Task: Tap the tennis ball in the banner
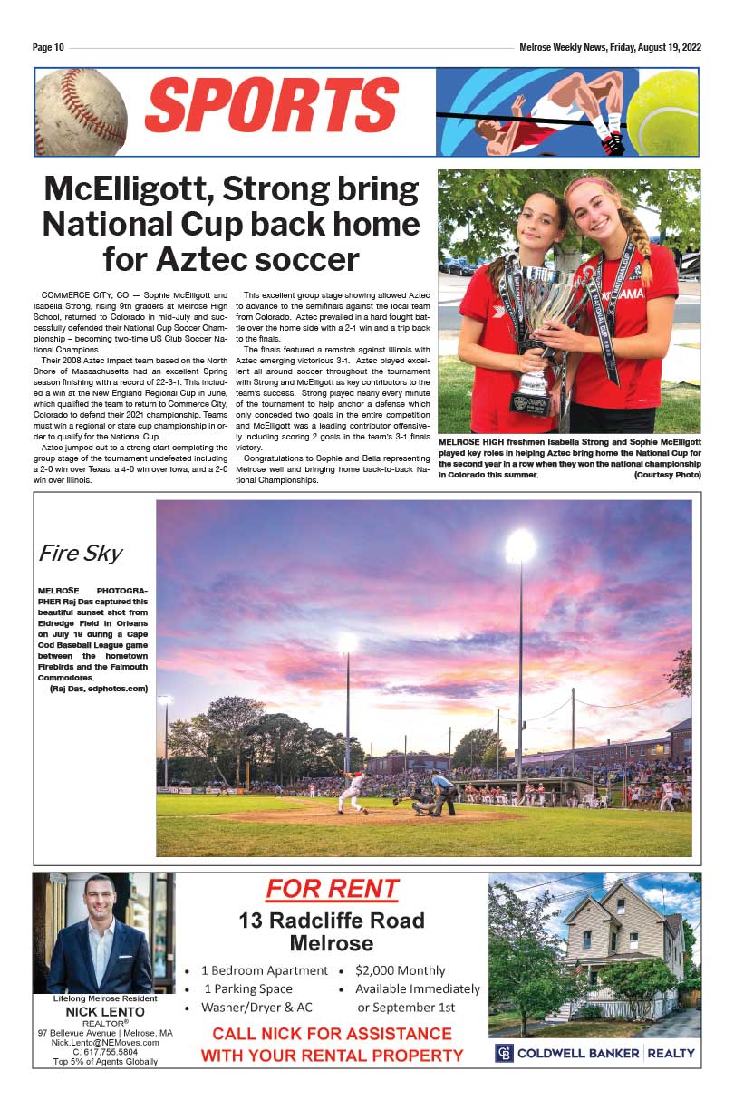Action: [x=663, y=113]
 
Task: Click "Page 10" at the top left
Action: [x=48, y=48]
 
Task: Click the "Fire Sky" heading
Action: [x=80, y=553]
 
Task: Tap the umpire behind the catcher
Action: [x=443, y=793]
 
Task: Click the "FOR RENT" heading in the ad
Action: [x=332, y=889]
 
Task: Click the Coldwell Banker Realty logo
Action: [x=595, y=1053]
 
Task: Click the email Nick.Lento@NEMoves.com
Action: [x=105, y=1042]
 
